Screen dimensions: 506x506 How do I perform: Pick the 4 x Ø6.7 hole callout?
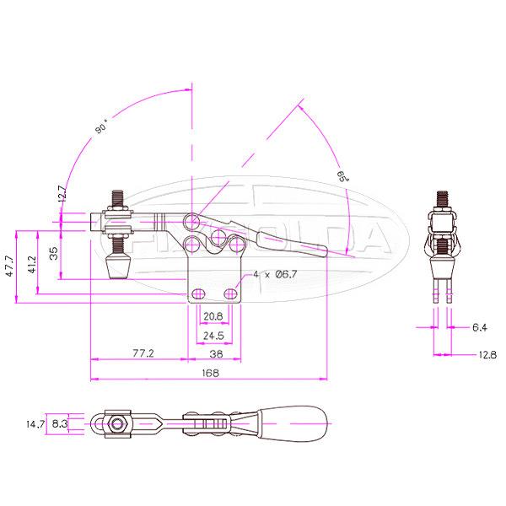[x=275, y=275]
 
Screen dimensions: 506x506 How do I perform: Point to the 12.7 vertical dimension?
[x=61, y=195]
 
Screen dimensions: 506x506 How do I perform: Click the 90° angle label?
[x=101, y=129]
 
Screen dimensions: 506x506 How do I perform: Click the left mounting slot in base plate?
[x=200, y=293]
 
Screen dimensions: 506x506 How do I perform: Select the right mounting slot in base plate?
[x=231, y=293]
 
